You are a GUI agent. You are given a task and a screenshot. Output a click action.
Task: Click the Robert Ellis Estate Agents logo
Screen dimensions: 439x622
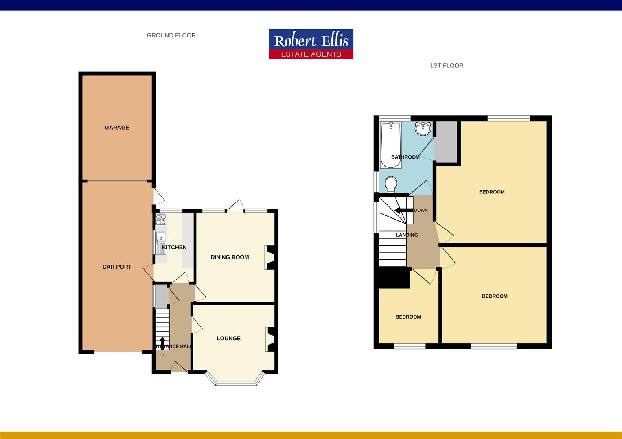click(x=311, y=44)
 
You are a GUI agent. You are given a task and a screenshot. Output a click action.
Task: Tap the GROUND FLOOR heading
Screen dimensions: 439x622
click(x=171, y=35)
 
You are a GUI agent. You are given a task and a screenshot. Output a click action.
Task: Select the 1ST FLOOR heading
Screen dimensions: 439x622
click(x=447, y=65)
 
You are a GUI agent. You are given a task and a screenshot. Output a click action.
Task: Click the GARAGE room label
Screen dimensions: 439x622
click(x=117, y=128)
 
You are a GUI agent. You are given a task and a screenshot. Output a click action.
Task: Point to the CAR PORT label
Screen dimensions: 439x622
click(x=117, y=267)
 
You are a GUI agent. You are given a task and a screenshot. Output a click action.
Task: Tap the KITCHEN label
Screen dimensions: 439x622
click(x=174, y=247)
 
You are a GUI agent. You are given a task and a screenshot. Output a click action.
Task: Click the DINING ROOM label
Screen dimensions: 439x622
click(x=230, y=257)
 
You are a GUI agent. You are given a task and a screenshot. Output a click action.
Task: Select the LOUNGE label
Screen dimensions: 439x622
click(x=228, y=338)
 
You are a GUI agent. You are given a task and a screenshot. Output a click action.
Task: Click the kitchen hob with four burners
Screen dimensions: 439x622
click(x=161, y=219)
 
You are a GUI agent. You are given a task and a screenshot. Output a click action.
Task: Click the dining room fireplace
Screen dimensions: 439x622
click(x=269, y=257)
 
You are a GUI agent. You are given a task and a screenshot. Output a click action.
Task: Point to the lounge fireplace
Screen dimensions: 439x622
click(x=269, y=339)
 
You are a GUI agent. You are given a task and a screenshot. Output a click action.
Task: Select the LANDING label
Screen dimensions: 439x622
click(x=407, y=235)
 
